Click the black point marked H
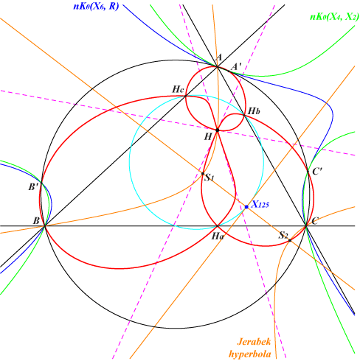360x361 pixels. click(218, 130)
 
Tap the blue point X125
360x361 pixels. click(246, 207)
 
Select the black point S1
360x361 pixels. click(203, 174)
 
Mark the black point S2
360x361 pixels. click(290, 240)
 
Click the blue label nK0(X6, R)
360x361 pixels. click(96, 6)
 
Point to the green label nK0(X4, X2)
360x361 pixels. click(334, 17)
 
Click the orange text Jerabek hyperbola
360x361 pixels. click(250, 348)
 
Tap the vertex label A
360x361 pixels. click(218, 57)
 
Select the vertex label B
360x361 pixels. click(36, 221)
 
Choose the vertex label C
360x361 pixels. click(315, 221)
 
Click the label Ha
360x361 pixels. click(218, 236)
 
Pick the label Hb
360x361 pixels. click(254, 111)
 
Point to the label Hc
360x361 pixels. click(179, 89)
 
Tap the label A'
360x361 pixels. click(237, 66)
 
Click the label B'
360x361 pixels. click(33, 187)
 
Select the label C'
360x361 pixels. click(317, 172)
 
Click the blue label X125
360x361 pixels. click(260, 204)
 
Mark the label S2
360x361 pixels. click(283, 235)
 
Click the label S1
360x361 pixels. click(210, 178)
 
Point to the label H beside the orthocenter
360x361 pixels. click(208, 136)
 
